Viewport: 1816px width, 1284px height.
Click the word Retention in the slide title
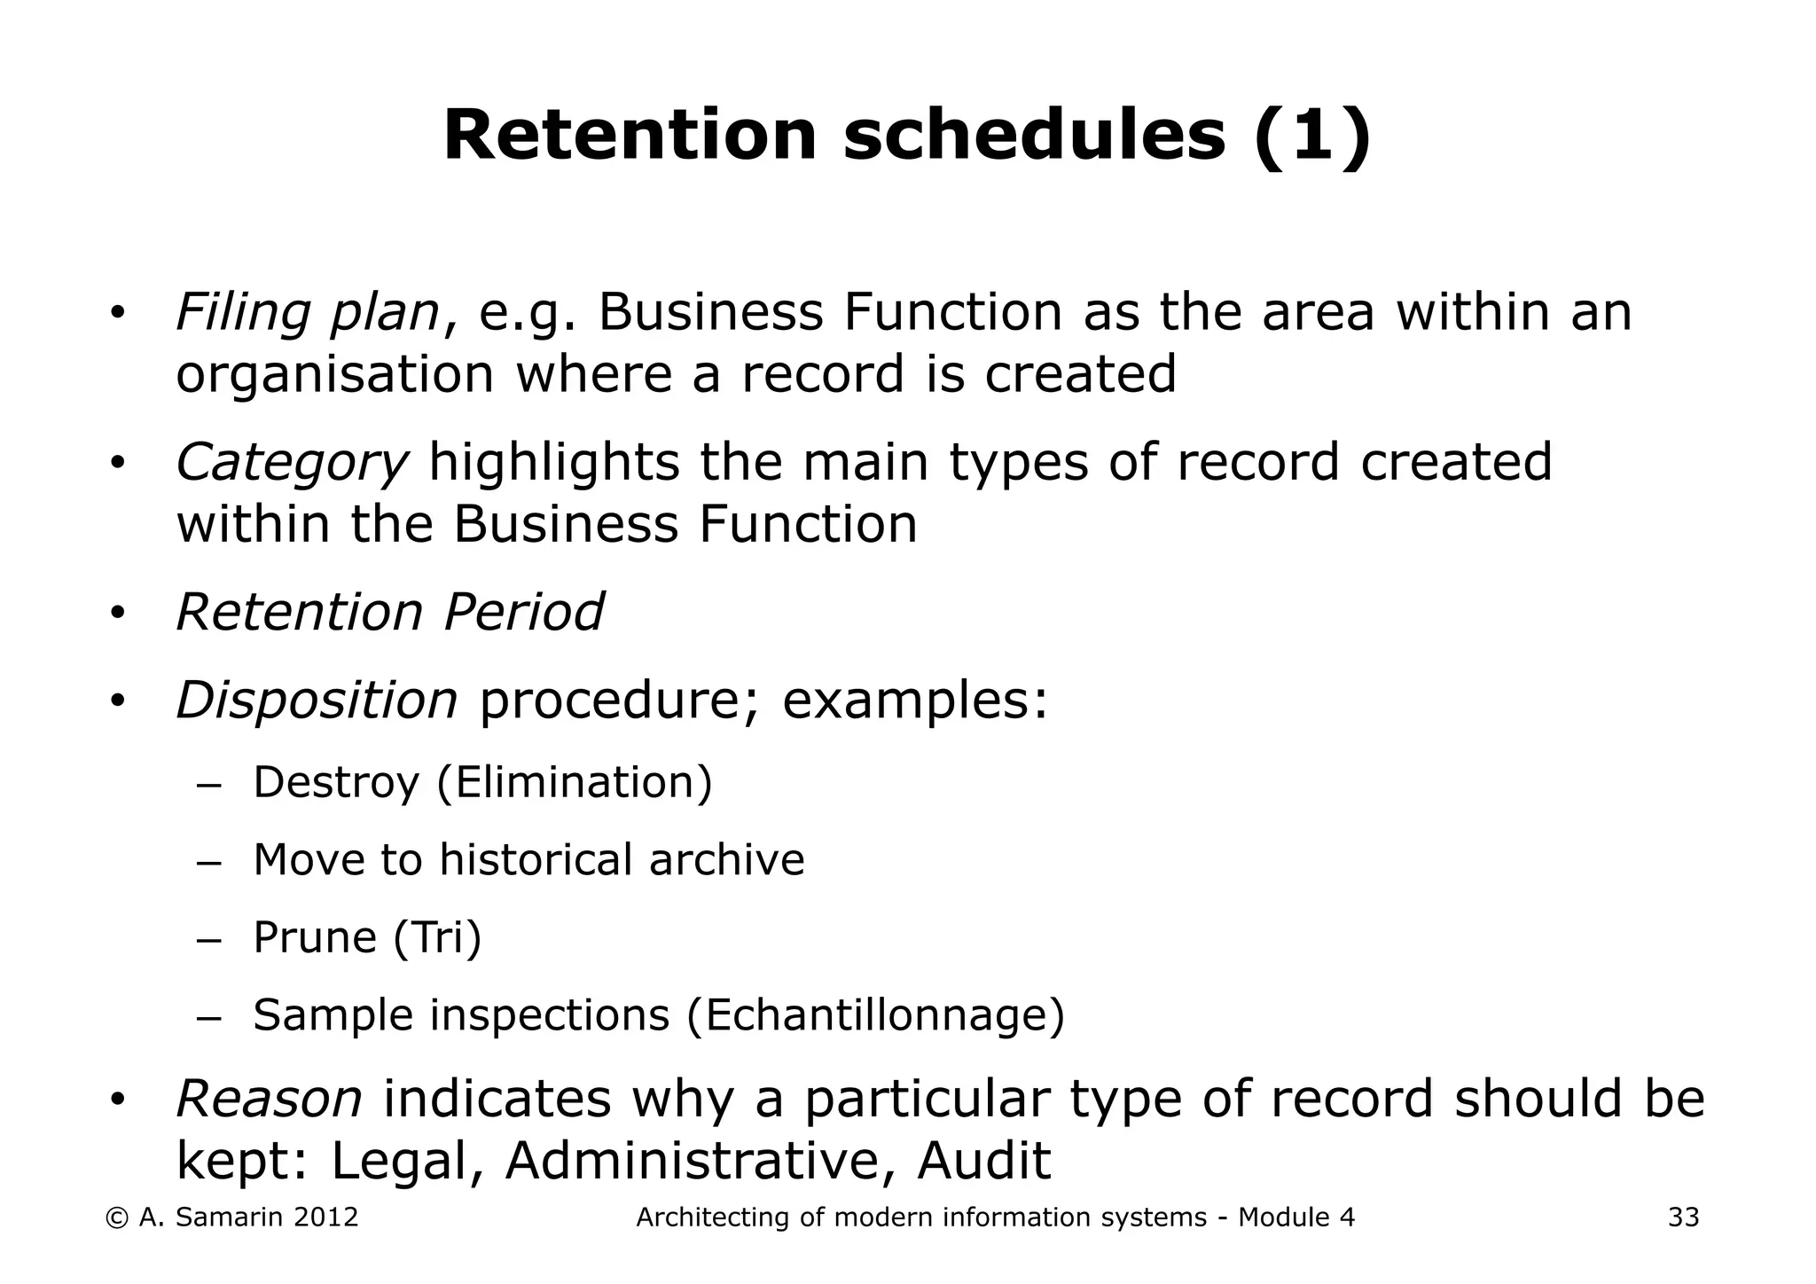tap(629, 136)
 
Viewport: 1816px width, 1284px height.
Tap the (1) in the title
tap(1312, 136)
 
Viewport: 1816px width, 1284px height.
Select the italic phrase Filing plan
tap(308, 313)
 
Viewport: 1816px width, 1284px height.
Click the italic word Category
tap(292, 463)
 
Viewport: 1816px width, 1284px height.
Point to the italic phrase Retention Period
tap(390, 612)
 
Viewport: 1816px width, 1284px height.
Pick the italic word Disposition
tap(317, 701)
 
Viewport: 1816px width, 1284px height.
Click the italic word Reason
tap(270, 1099)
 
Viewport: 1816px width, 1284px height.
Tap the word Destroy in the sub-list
tap(335, 783)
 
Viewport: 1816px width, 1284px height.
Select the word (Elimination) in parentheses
tap(575, 783)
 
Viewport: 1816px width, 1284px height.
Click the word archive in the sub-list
tap(726, 860)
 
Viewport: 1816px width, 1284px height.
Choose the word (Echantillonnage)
tap(875, 1015)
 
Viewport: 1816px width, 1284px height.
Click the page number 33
tap(1683, 1217)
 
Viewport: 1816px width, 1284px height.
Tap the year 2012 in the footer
tap(325, 1217)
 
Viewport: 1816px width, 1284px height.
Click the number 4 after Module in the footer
tap(1347, 1217)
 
